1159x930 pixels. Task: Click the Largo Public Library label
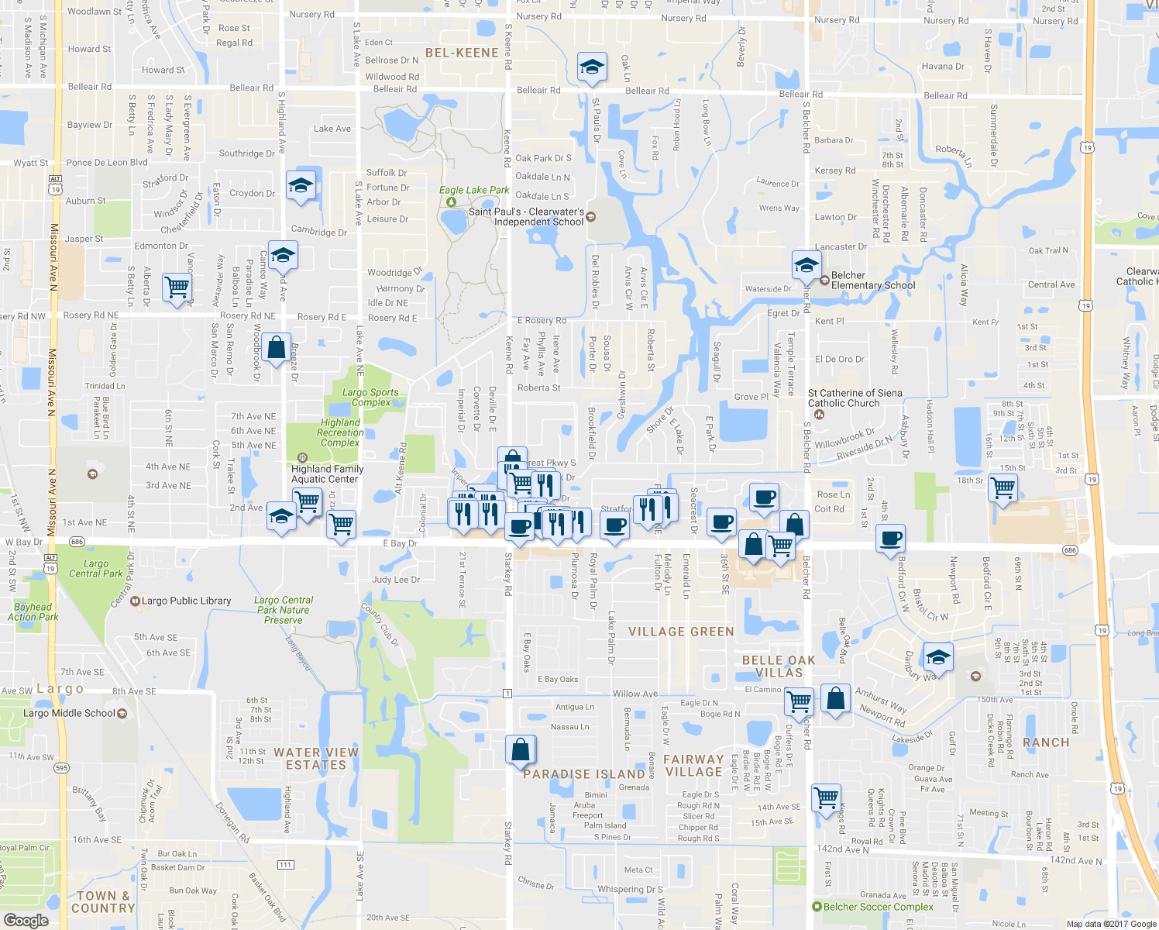[186, 601]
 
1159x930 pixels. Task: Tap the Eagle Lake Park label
[474, 190]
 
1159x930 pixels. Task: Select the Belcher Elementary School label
[872, 281]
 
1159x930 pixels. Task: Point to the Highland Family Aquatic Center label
[327, 474]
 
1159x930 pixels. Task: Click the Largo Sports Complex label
[370, 398]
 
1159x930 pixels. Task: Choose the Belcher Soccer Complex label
[878, 907]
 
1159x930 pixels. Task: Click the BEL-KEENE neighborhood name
[462, 53]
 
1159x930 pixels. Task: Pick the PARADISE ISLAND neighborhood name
[584, 774]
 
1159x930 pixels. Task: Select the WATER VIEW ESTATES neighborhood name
[316, 759]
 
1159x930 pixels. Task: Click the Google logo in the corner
[26, 921]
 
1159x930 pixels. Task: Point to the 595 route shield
[61, 768]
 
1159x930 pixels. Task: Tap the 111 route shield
[286, 864]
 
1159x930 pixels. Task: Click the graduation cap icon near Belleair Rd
[592, 67]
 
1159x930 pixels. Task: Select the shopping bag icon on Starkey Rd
[521, 749]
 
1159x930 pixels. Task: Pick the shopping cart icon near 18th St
[1003, 488]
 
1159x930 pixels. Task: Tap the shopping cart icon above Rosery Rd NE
[177, 287]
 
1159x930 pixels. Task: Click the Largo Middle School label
[69, 713]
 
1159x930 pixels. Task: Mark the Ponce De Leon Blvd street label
[106, 163]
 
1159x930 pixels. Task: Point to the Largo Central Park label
[95, 569]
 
